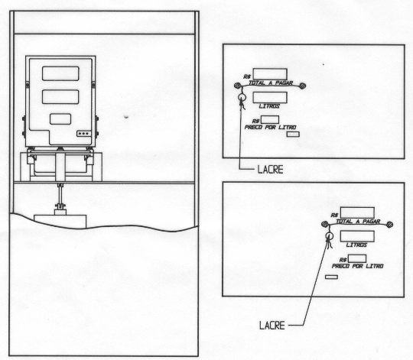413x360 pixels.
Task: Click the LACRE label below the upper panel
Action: [x=270, y=170]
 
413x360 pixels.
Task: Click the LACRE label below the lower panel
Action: [x=272, y=326]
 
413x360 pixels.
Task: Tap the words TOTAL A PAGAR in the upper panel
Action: [x=271, y=83]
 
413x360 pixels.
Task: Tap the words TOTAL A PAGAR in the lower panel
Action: [x=358, y=222]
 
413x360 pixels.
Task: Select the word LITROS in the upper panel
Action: [x=269, y=106]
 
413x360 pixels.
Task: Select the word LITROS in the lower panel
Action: [x=356, y=245]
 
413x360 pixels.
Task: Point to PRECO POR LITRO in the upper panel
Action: [x=270, y=127]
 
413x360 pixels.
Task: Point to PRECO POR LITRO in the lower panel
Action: [x=357, y=266]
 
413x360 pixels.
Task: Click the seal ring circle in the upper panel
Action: [x=242, y=97]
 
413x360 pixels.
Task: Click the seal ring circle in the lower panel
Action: [x=329, y=235]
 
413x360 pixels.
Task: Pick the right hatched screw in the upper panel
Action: [x=303, y=86]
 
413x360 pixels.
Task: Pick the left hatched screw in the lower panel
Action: [x=325, y=224]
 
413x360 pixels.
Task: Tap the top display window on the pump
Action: [x=60, y=73]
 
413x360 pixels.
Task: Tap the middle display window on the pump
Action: [x=60, y=96]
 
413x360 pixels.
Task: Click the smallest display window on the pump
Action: [x=60, y=119]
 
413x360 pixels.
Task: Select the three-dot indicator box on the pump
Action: [x=84, y=134]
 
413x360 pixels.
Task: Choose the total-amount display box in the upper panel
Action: [x=270, y=74]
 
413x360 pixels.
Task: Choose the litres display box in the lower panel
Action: [x=357, y=236]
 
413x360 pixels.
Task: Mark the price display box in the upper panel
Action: [x=270, y=119]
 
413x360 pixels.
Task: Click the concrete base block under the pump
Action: [x=60, y=221]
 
